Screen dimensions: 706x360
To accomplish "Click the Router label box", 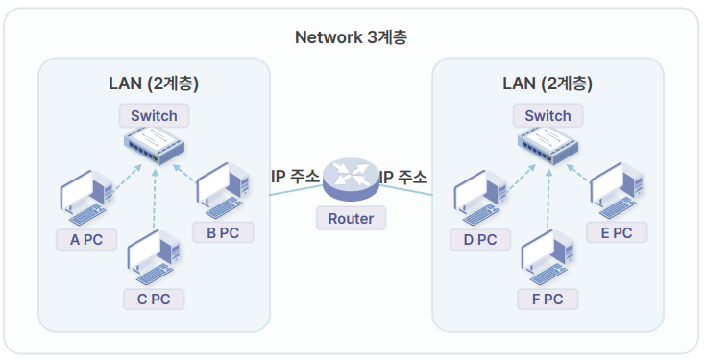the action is tap(351, 218).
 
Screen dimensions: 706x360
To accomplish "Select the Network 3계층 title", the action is tap(351, 37).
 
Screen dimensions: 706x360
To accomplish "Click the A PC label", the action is tap(86, 239).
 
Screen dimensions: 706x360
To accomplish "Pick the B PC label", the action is tap(223, 232).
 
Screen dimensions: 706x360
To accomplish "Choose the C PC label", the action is tap(154, 299).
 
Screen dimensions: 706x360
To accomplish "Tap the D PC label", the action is tap(480, 239).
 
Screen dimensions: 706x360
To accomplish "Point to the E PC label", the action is tap(617, 232).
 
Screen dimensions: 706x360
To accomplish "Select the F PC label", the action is tap(548, 299).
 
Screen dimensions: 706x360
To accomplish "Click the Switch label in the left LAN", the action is tap(154, 115).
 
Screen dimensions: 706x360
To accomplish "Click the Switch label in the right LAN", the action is tap(548, 115).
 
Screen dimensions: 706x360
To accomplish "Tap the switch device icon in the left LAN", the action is tap(155, 146).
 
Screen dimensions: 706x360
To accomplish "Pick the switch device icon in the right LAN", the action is tap(548, 146).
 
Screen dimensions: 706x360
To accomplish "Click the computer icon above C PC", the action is tap(154, 258).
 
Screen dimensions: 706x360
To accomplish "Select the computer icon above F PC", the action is tap(548, 258).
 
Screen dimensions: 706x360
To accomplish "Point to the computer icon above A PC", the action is tap(86, 198).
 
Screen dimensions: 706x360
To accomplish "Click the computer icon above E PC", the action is tap(617, 191).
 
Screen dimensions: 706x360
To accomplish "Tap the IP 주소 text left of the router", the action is tap(296, 177).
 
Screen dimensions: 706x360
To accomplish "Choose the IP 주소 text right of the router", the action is tap(403, 177).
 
